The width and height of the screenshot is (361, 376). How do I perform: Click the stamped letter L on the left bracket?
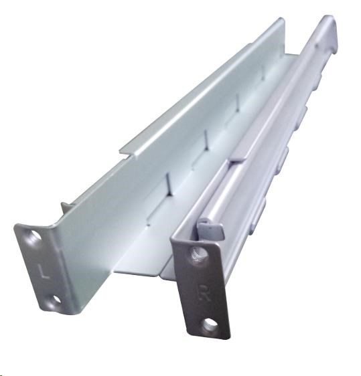44,271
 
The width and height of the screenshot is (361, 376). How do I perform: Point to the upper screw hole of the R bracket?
199,255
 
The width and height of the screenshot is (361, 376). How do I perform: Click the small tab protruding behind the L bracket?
66,208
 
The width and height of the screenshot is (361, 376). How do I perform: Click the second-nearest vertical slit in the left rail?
206,140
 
